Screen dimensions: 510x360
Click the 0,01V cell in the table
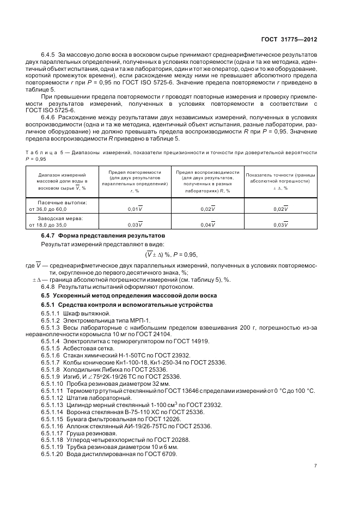pos(135,209)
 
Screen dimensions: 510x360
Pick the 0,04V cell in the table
pos(208,224)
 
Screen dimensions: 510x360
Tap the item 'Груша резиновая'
pos(91,433)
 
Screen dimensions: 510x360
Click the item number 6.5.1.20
pos(52,454)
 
